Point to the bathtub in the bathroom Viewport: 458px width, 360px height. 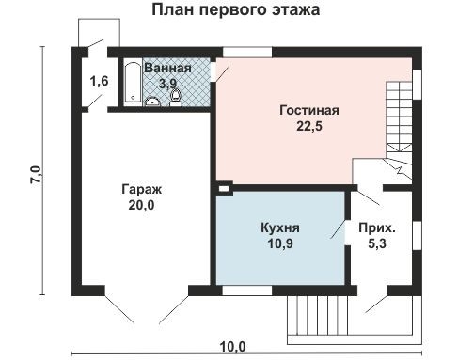[x=133, y=84]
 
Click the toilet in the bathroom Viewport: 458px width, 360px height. [x=174, y=95]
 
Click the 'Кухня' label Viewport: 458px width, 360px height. [x=280, y=227]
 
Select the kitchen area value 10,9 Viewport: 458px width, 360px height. [x=280, y=243]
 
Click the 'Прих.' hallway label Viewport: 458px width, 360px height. [x=377, y=227]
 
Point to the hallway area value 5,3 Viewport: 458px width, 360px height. [x=377, y=244]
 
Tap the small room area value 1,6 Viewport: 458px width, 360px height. [x=99, y=82]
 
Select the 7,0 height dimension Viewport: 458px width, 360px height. [x=36, y=174]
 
